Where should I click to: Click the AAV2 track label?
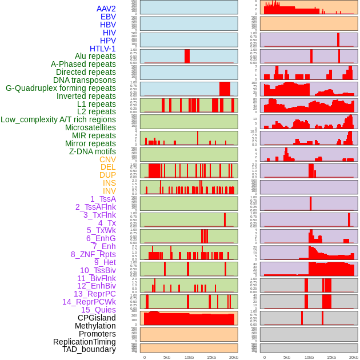(x=106, y=9)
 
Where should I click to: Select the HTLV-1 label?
(x=102, y=49)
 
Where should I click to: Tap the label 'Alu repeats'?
(x=95, y=56)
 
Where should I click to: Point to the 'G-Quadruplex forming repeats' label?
(x=61, y=88)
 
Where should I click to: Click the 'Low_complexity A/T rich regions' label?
(x=58, y=119)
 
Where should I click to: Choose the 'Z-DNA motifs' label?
(x=92, y=151)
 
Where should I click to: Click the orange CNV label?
(x=107, y=159)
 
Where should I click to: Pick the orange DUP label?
(x=107, y=175)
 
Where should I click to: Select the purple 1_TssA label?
(x=103, y=199)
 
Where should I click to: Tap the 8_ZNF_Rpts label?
(x=93, y=254)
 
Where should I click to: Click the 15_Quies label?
(x=98, y=310)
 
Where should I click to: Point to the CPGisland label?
(x=97, y=318)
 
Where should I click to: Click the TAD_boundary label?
(x=89, y=349)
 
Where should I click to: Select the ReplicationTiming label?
(x=85, y=342)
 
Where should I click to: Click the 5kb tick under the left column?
(x=167, y=357)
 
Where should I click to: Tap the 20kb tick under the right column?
(x=354, y=357)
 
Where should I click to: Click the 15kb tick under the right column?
(x=331, y=357)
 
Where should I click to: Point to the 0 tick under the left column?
(x=144, y=357)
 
